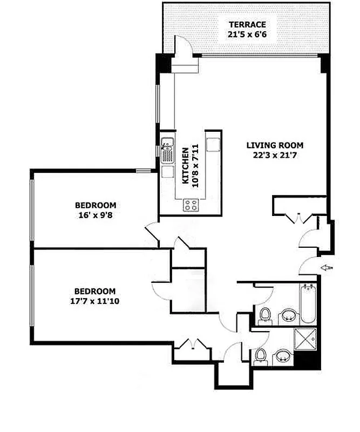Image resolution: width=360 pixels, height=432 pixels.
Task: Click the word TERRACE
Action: tap(247, 24)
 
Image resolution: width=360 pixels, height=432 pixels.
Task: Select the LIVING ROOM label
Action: tap(275, 145)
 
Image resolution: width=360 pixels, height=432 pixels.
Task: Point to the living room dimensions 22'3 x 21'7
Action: tap(275, 155)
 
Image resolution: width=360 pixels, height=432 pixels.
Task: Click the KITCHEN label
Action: tap(185, 165)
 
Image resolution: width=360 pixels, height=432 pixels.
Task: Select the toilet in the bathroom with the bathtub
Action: tap(264, 315)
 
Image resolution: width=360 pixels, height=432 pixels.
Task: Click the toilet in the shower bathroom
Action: tap(260, 355)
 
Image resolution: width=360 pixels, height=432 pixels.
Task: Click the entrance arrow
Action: tap(328, 267)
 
